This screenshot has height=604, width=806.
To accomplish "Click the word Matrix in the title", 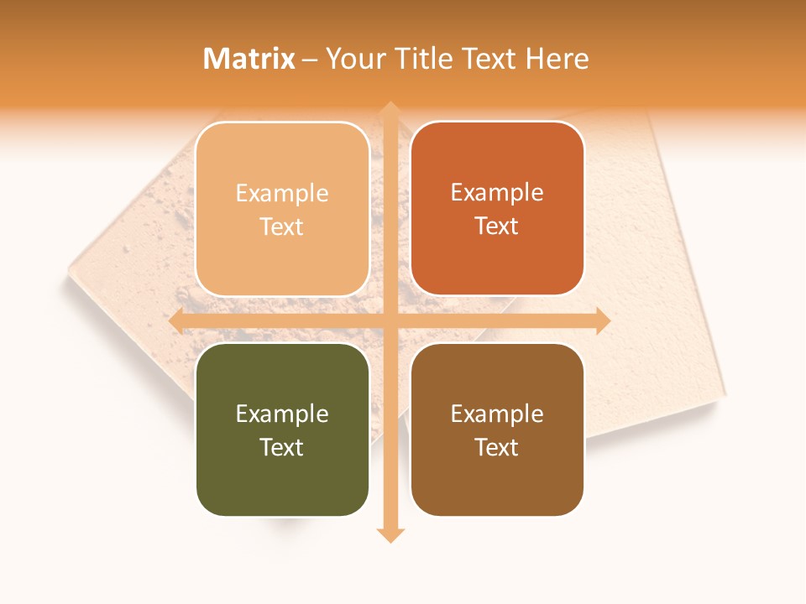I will (249, 59).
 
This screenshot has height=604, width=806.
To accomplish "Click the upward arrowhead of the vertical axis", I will (390, 109).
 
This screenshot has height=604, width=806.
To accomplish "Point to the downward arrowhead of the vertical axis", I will (390, 534).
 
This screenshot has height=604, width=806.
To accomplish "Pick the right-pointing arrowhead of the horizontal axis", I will (602, 321).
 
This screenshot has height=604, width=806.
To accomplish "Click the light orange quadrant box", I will (282, 209).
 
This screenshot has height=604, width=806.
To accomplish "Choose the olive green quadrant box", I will (282, 430).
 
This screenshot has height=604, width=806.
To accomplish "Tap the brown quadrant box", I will (497, 430).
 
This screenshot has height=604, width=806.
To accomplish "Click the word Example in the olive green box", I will (282, 414).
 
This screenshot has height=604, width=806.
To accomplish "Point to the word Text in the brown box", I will (497, 447).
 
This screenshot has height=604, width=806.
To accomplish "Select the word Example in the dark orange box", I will (497, 192).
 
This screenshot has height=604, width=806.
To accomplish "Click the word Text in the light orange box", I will (282, 226).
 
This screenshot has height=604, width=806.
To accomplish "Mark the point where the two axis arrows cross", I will (390, 321).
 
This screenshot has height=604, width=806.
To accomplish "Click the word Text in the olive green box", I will (282, 447).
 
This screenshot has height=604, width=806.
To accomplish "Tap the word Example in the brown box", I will (497, 414).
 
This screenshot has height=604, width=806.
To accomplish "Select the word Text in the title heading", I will (493, 59).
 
